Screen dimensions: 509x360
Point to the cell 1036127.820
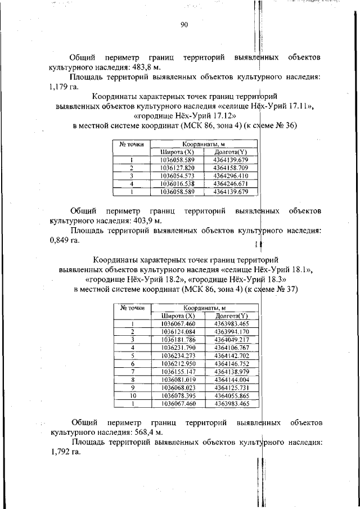[177, 168]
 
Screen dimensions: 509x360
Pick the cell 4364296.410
[230, 175]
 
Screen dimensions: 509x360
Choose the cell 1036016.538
[177, 183]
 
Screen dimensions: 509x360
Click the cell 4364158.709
[230, 168]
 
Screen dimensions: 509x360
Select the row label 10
[133, 395]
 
